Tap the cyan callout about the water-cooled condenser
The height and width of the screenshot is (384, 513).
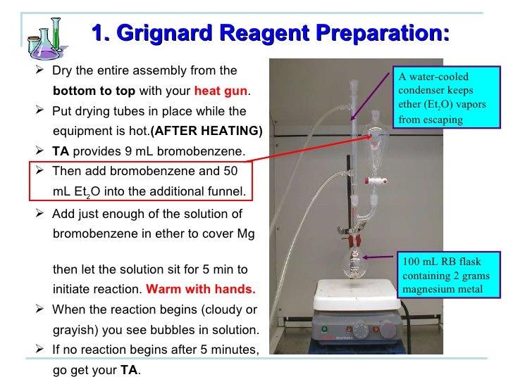click(x=441, y=98)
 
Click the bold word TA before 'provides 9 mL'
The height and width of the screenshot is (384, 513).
click(x=61, y=151)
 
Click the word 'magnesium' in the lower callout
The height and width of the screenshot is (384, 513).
click(x=425, y=288)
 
